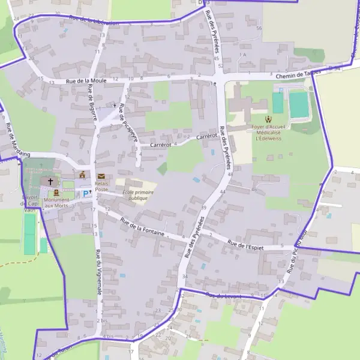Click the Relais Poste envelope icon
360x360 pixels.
click(101, 176)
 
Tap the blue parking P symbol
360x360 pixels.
click(85, 193)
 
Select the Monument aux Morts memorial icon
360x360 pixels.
click(56, 193)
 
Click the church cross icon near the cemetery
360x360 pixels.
click(50, 181)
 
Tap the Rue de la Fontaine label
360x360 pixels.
click(142, 226)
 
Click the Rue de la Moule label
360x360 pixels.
click(86, 80)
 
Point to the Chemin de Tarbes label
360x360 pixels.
click(298, 73)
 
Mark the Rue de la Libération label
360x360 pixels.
click(94, 21)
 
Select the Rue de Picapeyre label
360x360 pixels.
click(128, 123)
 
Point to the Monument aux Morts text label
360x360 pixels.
click(56, 203)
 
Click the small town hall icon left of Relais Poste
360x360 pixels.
click(82, 175)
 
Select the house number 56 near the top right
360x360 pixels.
click(259, 28)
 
